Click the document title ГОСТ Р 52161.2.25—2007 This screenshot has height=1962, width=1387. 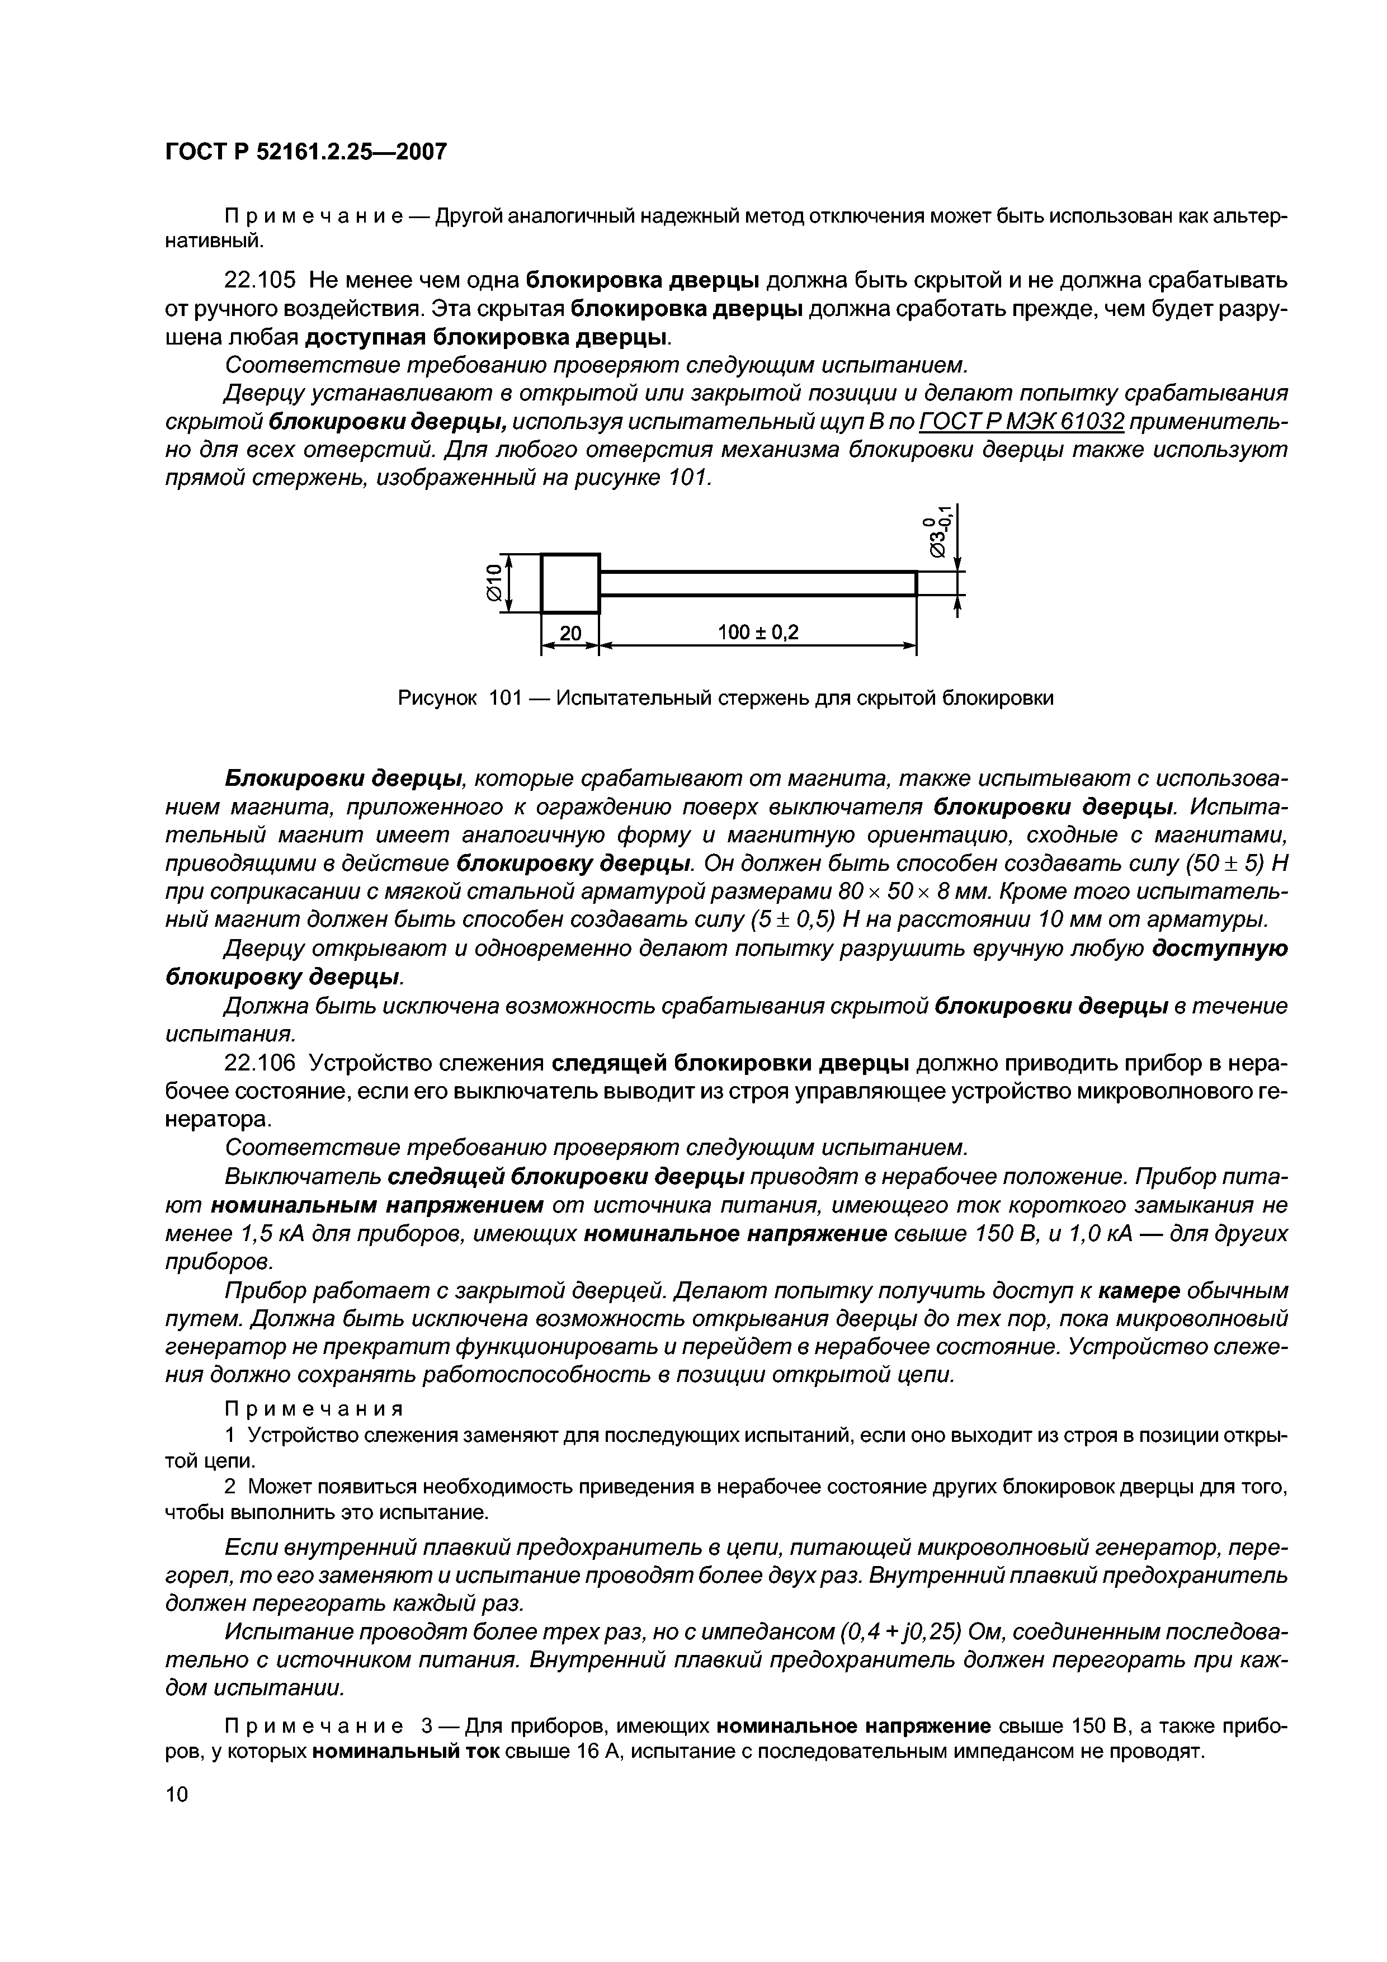click(305, 152)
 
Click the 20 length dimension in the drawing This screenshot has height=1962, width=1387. click(569, 633)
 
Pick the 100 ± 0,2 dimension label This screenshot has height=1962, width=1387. click(757, 633)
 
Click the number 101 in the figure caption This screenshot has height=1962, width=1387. click(504, 698)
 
